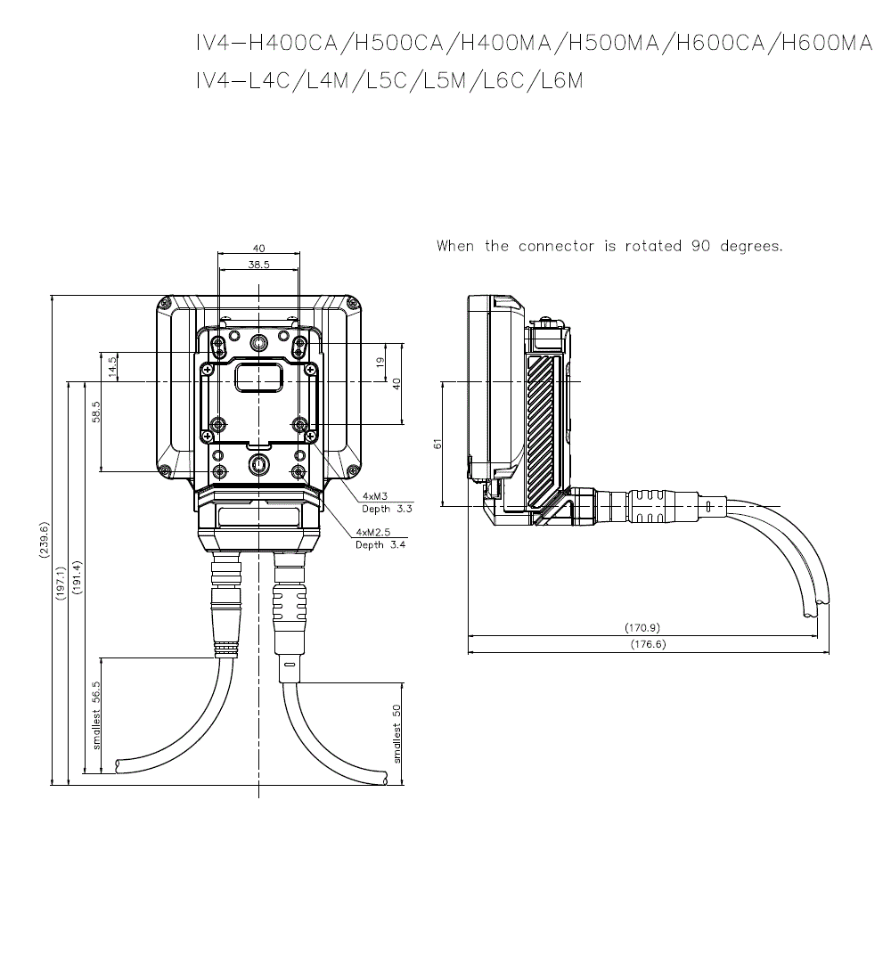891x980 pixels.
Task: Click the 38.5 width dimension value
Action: (x=258, y=265)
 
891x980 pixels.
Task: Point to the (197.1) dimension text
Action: (x=61, y=584)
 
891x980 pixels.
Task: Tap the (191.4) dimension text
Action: (x=77, y=577)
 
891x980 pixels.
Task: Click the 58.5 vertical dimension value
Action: (x=95, y=412)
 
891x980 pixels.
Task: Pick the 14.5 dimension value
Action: (x=112, y=366)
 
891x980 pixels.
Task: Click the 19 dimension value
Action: (x=380, y=361)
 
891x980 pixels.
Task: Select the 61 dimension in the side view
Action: (x=437, y=443)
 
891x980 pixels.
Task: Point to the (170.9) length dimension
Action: (x=642, y=627)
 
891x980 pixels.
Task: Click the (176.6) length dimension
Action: (x=648, y=644)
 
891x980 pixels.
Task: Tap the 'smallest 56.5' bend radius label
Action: (x=96, y=715)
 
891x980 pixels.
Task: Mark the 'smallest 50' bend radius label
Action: (x=396, y=734)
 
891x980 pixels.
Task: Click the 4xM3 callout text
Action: (x=375, y=496)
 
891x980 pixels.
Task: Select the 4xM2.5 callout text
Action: (x=372, y=532)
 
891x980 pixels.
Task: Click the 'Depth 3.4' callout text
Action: (x=380, y=545)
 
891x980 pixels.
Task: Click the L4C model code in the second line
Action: (x=269, y=80)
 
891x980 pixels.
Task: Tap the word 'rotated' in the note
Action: (x=653, y=246)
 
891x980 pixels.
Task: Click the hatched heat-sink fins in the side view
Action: (x=542, y=431)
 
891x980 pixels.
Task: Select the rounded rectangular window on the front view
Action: (x=258, y=378)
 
